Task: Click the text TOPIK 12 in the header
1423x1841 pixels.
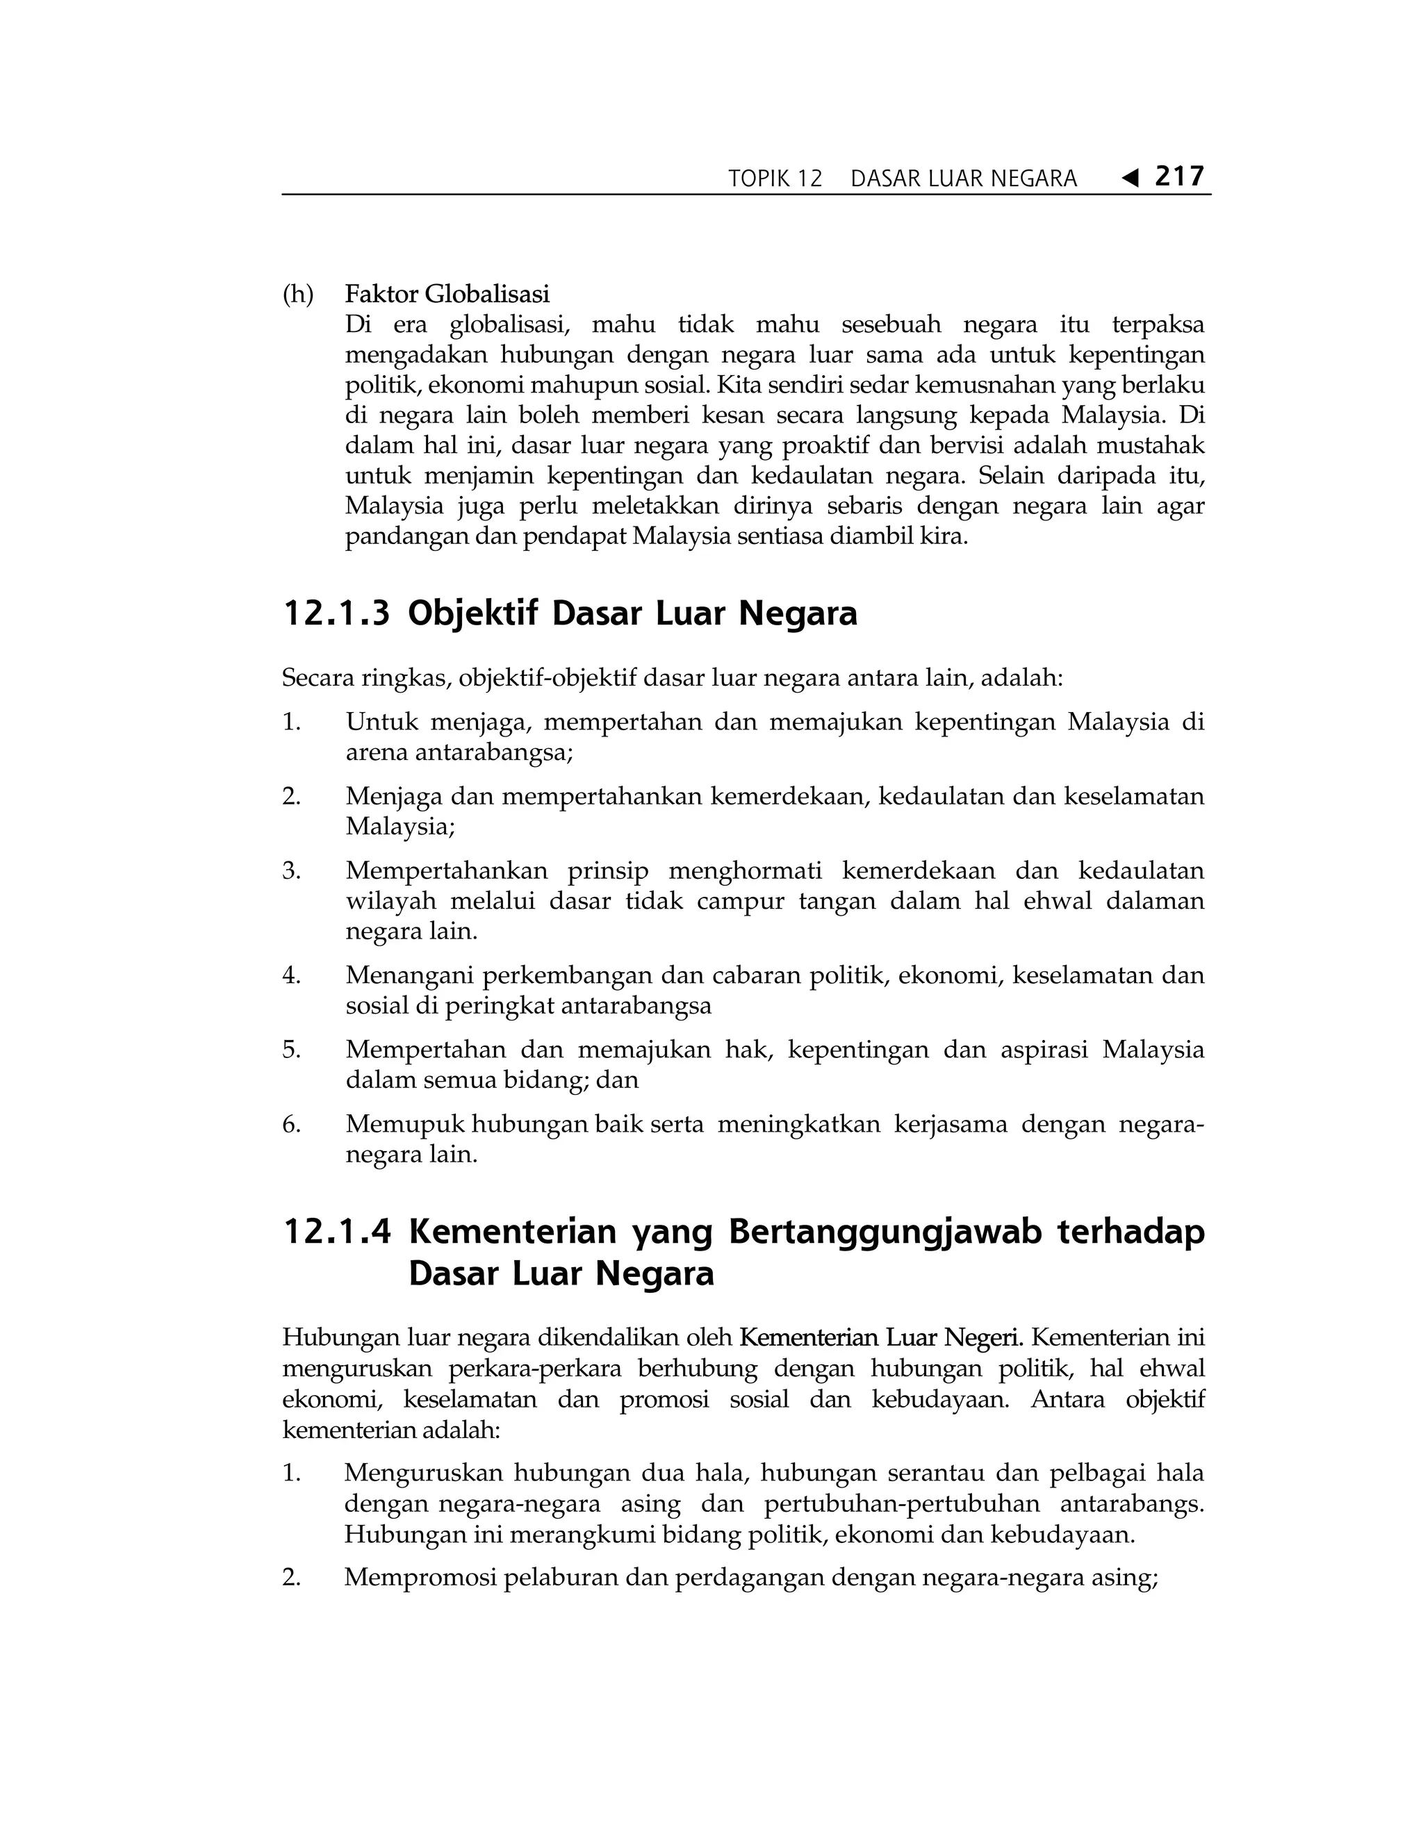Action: [x=775, y=179]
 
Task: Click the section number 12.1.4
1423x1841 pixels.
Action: [x=336, y=1232]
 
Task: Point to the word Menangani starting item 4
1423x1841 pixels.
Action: [x=411, y=975]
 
